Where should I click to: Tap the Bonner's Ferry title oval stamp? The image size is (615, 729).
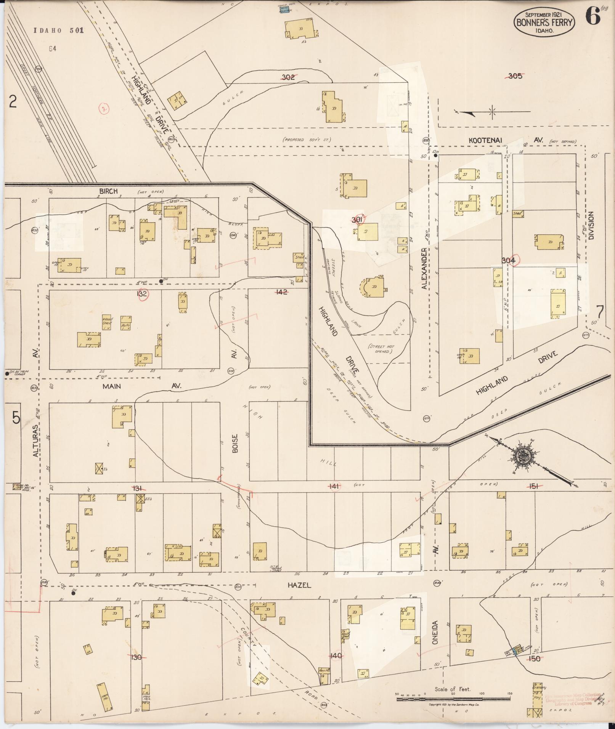[x=544, y=22]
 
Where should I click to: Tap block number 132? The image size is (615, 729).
[x=142, y=294]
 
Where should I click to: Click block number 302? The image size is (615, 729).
[x=288, y=77]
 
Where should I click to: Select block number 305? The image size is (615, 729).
[x=515, y=76]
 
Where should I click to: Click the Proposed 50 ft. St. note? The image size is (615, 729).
[x=307, y=140]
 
